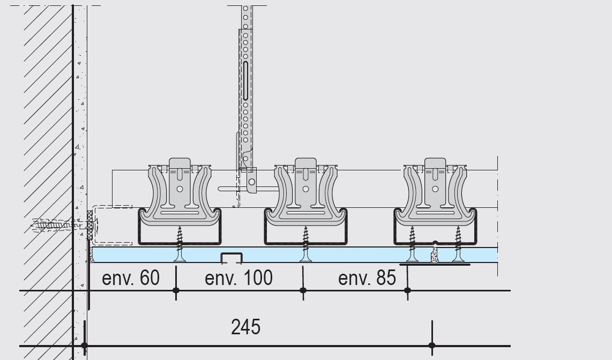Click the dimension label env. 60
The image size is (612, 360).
pyautogui.click(x=131, y=278)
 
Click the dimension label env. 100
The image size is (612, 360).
pyautogui.click(x=238, y=278)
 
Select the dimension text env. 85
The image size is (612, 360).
pyautogui.click(x=367, y=278)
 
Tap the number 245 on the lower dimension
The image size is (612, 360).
pyautogui.click(x=245, y=327)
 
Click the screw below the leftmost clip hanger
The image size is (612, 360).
pyautogui.click(x=180, y=244)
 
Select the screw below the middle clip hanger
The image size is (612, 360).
pyautogui.click(x=305, y=244)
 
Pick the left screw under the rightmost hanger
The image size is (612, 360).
pyautogui.click(x=412, y=244)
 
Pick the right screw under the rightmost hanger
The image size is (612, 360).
pyautogui.click(x=458, y=244)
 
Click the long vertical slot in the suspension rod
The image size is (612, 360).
pyautogui.click(x=245, y=81)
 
